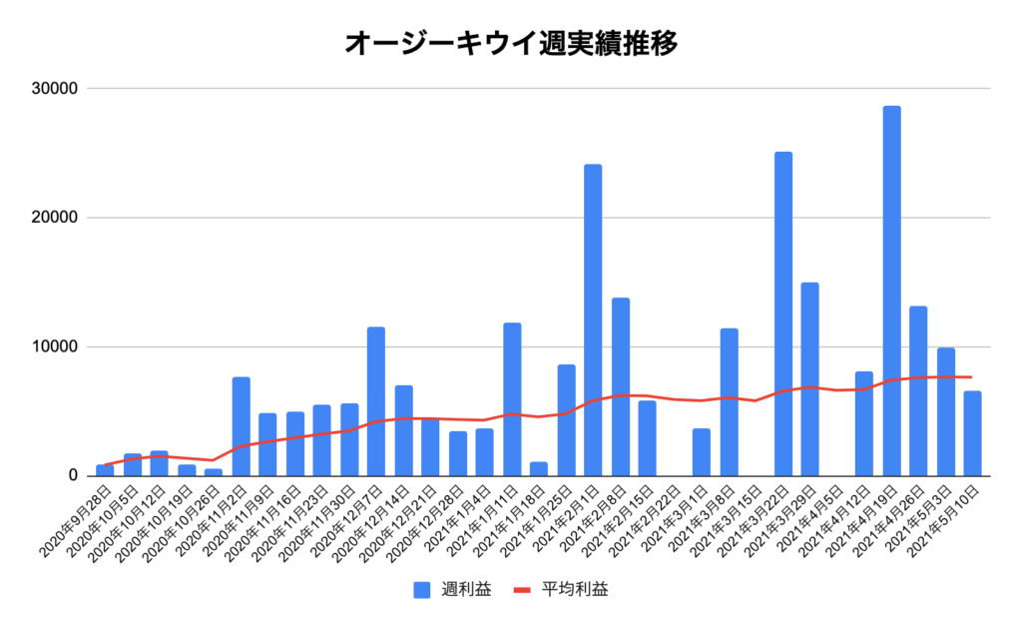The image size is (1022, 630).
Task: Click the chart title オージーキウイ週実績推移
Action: pyautogui.click(x=511, y=43)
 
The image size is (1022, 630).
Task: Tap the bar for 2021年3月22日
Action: pyautogui.click(x=783, y=314)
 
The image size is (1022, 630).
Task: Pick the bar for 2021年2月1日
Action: pyautogui.click(x=593, y=319)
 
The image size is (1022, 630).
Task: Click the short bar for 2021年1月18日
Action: pyautogui.click(x=539, y=468)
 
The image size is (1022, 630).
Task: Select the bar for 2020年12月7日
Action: pyautogui.click(x=376, y=401)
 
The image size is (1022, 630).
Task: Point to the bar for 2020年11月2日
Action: pyautogui.click(x=241, y=426)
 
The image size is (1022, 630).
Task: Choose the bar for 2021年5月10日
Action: pyautogui.click(x=972, y=433)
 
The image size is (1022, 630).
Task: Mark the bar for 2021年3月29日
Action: pyautogui.click(x=809, y=379)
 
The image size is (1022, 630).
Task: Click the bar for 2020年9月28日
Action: pyautogui.click(x=105, y=470)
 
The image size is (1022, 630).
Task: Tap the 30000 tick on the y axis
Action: pyautogui.click(x=55, y=89)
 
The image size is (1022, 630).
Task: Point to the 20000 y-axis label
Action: pyautogui.click(x=55, y=218)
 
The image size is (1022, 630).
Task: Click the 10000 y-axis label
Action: pyautogui.click(x=55, y=346)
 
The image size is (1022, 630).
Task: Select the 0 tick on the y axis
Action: pyautogui.click(x=72, y=475)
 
